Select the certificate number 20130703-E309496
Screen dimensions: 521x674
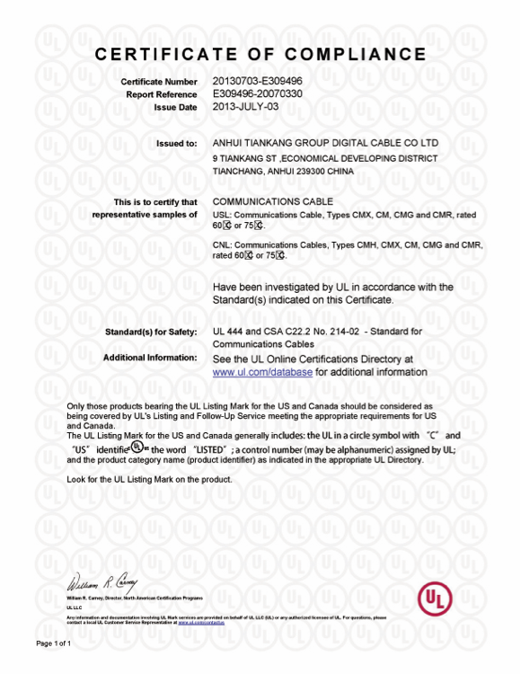[x=258, y=82]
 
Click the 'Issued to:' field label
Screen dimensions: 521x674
[x=177, y=143]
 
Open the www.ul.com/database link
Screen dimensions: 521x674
[x=262, y=371]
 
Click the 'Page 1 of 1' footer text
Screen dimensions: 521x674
[x=53, y=644]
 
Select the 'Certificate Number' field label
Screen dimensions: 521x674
[x=159, y=82]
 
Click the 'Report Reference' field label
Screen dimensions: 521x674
[x=162, y=93]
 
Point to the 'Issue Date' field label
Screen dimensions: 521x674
[x=175, y=106]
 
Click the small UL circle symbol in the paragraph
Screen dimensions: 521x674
[x=136, y=447]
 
